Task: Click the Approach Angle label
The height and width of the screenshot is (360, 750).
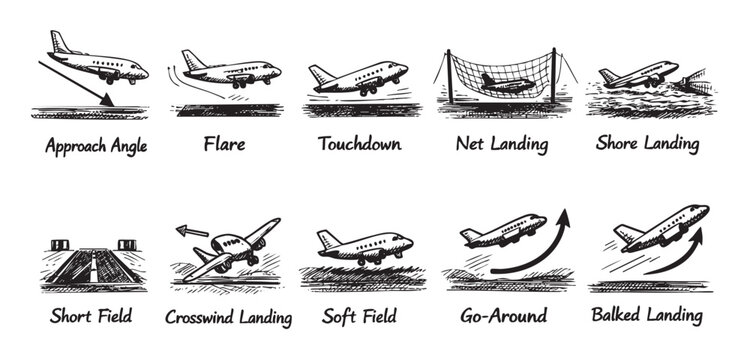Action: [96, 146]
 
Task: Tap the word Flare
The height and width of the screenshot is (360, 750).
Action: [224, 144]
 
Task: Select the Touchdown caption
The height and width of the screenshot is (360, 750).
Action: [359, 144]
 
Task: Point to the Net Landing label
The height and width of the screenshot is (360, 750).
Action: [501, 144]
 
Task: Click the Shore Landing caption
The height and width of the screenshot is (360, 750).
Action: [647, 144]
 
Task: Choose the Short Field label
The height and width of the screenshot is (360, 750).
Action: [92, 316]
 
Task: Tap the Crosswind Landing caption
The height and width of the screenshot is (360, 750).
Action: [229, 317]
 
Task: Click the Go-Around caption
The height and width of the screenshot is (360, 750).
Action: [503, 316]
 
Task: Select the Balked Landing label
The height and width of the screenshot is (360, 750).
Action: [647, 316]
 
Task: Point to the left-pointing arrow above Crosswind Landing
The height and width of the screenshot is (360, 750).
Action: [192, 231]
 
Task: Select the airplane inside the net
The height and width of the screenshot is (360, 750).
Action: [505, 83]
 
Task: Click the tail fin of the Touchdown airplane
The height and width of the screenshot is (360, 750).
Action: [319, 75]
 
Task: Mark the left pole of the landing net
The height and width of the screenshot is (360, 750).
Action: [449, 75]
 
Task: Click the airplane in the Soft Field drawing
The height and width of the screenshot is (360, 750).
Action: [364, 246]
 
